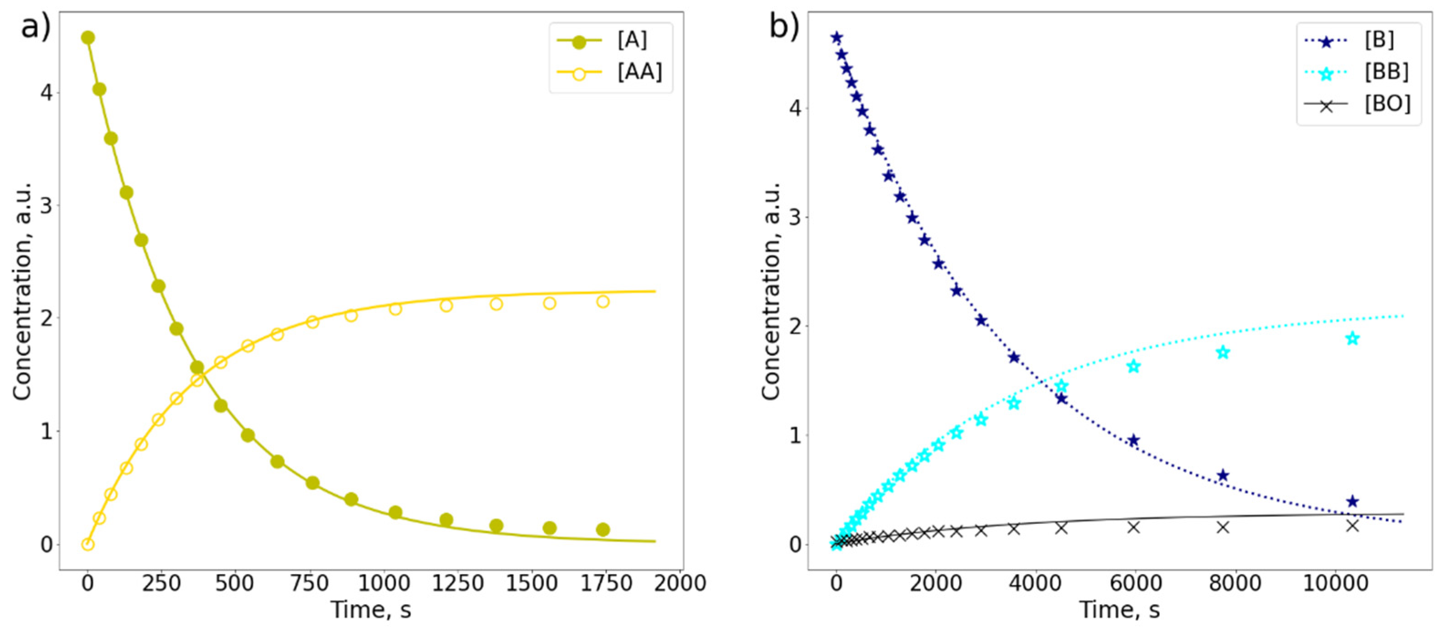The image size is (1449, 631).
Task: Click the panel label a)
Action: pyautogui.click(x=35, y=26)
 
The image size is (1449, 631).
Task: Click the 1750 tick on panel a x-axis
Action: pyautogui.click(x=603, y=583)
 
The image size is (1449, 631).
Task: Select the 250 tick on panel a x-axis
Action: pyautogui.click(x=161, y=583)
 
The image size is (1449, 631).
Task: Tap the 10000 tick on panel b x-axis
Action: pyautogui.click(x=1335, y=583)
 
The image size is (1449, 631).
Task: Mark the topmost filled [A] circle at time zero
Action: pyautogui.click(x=88, y=38)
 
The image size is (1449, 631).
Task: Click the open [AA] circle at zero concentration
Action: pyautogui.click(x=88, y=544)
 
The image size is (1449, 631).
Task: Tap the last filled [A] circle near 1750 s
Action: pyautogui.click(x=602, y=529)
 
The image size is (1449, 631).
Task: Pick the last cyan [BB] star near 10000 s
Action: pyautogui.click(x=1352, y=339)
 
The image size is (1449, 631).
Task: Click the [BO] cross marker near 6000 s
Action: pyautogui.click(x=1133, y=527)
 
